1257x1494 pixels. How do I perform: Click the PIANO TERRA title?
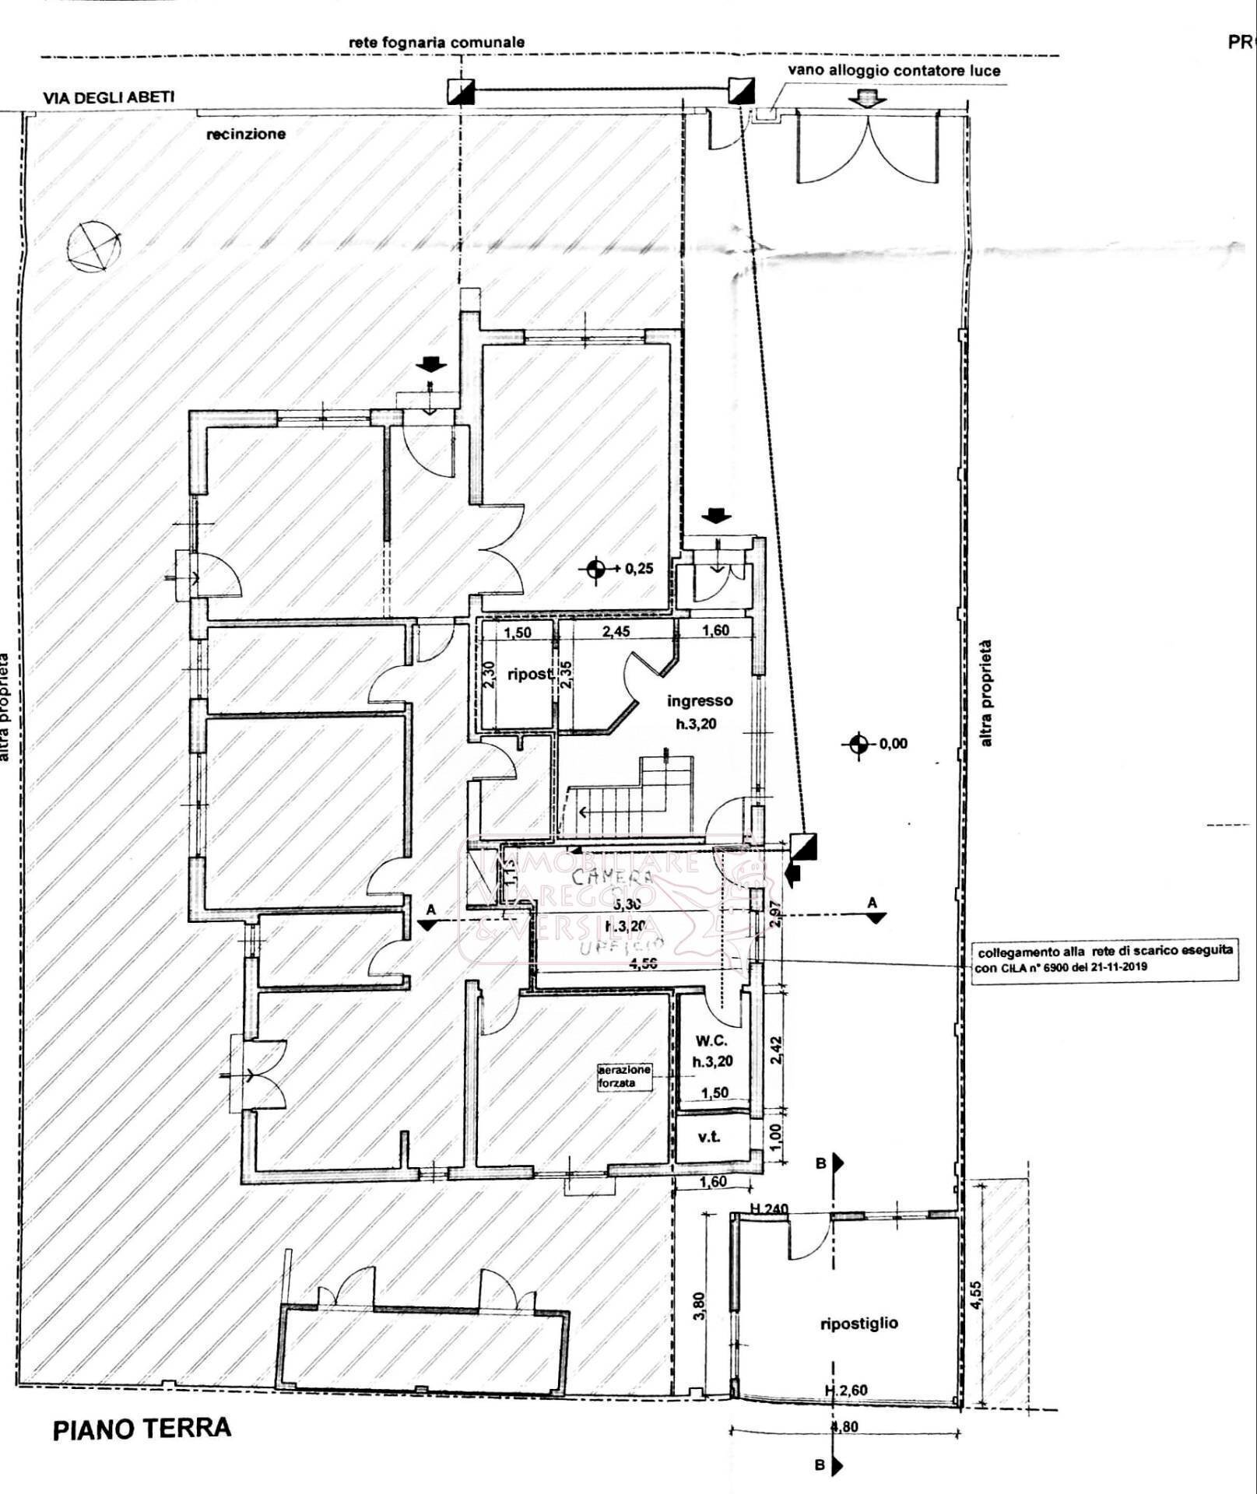[x=142, y=1429]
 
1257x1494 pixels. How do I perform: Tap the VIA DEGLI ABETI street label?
[x=108, y=97]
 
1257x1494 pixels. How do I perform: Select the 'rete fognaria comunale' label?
[x=436, y=43]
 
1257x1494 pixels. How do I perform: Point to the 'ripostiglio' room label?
[x=858, y=1323]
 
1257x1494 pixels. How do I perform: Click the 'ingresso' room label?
[x=699, y=700]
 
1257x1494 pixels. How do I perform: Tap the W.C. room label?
[x=711, y=1040]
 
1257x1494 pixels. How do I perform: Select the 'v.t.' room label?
[x=708, y=1137]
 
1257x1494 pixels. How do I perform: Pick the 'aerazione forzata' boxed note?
[x=623, y=1076]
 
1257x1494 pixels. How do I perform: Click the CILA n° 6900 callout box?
[x=1104, y=959]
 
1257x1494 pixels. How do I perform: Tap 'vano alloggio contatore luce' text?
[x=894, y=70]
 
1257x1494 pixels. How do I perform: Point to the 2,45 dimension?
[x=616, y=631]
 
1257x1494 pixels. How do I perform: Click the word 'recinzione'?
[x=245, y=134]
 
